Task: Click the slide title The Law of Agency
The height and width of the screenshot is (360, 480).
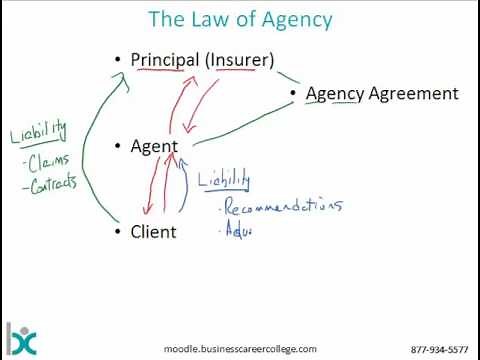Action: click(240, 19)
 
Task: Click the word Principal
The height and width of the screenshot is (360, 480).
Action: click(166, 60)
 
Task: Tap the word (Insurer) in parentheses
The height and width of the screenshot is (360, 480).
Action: click(239, 60)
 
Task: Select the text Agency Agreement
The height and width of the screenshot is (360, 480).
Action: click(381, 93)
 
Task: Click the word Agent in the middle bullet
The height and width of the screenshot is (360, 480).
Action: click(154, 146)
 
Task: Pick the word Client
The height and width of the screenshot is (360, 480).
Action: click(153, 232)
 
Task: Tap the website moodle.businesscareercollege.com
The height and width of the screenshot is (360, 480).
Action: click(240, 349)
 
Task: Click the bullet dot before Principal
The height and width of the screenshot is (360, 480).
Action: click(118, 60)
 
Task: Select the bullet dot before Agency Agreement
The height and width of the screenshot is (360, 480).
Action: click(293, 94)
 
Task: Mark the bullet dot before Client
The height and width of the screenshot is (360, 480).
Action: click(118, 232)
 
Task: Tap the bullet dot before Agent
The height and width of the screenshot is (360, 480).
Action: click(118, 146)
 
